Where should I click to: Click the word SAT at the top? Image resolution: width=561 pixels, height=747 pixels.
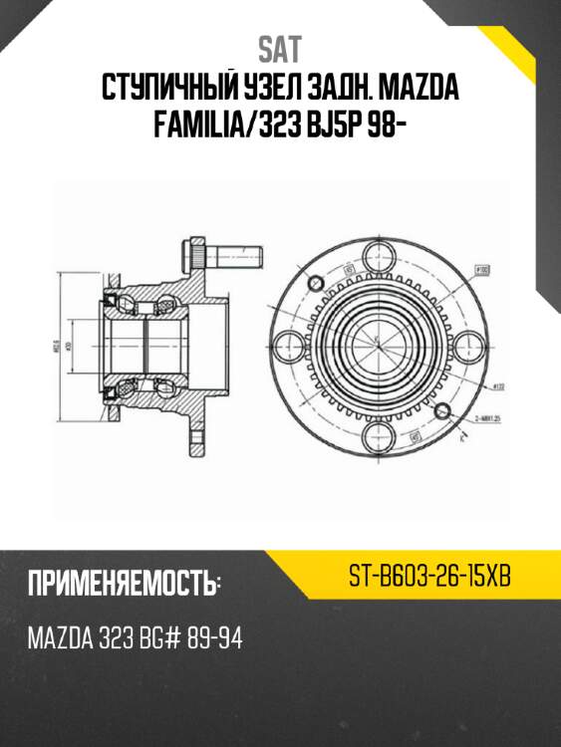(279, 48)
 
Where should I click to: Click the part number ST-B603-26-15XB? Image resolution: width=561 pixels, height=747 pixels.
(429, 577)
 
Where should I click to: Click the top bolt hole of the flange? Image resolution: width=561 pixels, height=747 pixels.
(380, 254)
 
